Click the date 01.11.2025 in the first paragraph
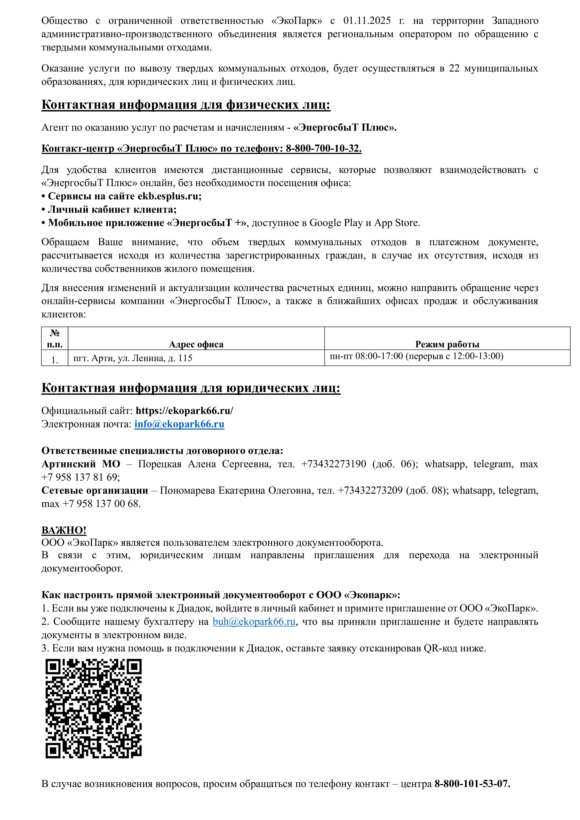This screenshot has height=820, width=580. pos(367,21)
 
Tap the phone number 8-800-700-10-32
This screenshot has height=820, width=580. pos(323,148)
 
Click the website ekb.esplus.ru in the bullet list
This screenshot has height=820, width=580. pos(169,196)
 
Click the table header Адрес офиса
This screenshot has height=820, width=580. pos(196,344)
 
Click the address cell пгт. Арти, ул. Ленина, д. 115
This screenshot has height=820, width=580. pos(133,358)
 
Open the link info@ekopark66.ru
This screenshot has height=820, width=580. pos(179,424)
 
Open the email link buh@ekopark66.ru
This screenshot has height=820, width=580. pos(254,622)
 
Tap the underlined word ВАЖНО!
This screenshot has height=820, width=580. pos(64,530)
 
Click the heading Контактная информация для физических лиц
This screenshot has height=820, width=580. pos(186,105)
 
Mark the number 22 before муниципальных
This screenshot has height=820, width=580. pos(454,68)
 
